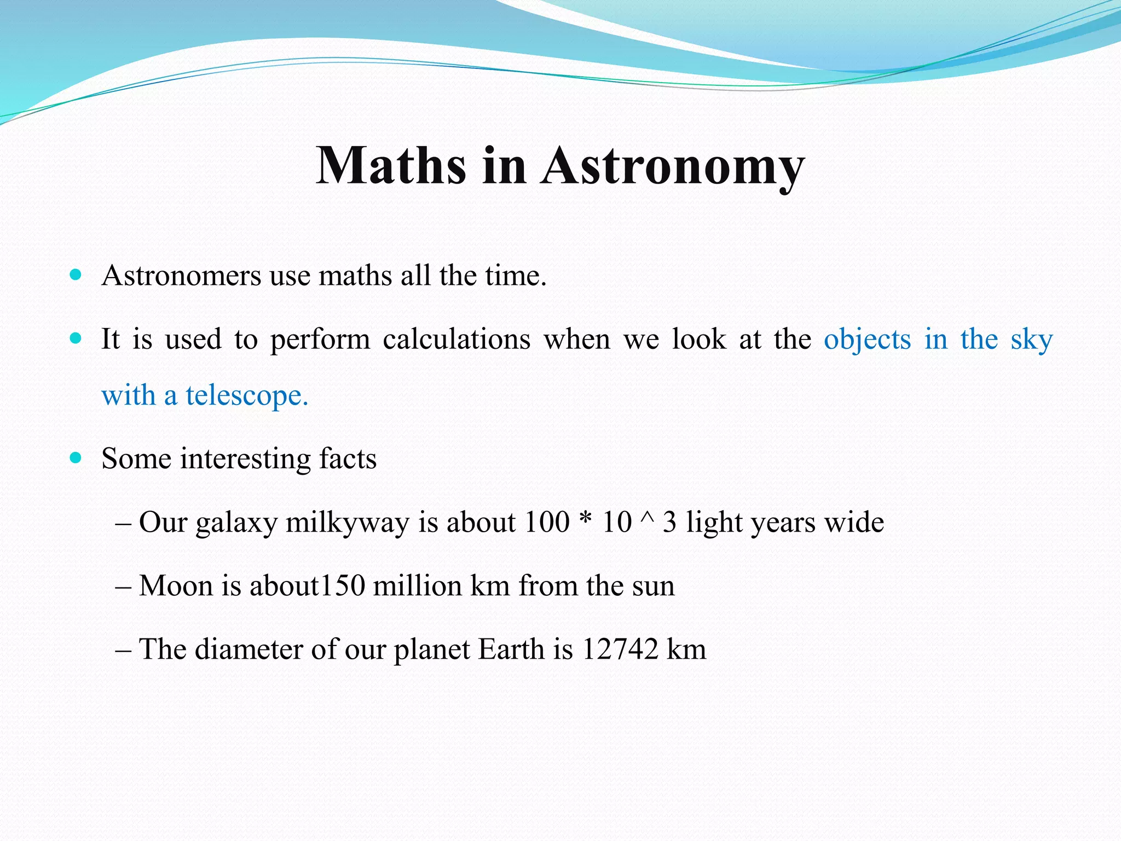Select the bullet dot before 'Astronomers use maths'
click(76, 274)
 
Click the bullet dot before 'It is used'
click(76, 338)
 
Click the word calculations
click(457, 339)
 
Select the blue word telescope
click(247, 396)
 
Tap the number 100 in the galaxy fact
click(547, 522)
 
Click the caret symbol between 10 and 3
click(646, 517)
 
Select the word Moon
click(176, 586)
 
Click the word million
click(417, 586)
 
